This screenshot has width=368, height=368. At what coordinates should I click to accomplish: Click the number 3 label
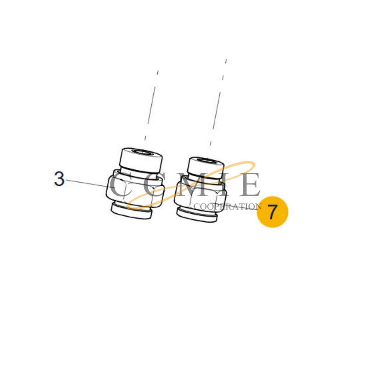click(x=59, y=179)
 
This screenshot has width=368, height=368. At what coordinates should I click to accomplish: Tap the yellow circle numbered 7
click(x=272, y=212)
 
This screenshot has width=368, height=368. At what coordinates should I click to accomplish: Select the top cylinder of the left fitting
click(x=141, y=160)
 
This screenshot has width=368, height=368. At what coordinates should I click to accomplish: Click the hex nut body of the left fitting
click(x=134, y=190)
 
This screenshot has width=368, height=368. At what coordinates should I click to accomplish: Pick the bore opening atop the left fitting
click(x=143, y=152)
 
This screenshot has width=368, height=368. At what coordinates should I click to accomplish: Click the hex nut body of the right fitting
click(x=200, y=194)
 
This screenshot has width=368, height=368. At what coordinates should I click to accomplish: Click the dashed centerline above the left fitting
click(x=151, y=106)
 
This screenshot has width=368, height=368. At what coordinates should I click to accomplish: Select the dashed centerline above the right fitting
click(x=218, y=103)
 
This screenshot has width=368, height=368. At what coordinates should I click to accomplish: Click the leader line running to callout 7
click(x=234, y=207)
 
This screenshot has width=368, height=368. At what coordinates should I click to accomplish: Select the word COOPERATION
click(x=228, y=207)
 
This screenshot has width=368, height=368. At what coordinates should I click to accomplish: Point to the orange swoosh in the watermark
click(x=190, y=185)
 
